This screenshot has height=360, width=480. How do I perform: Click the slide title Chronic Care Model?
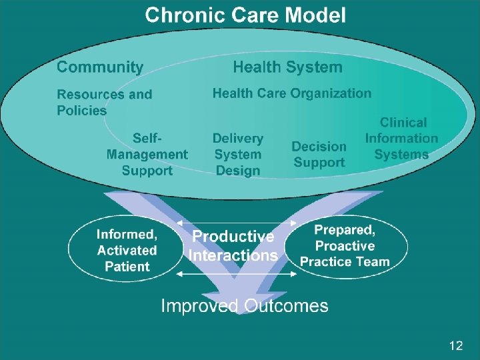click(x=245, y=15)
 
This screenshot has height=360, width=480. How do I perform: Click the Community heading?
click(x=100, y=67)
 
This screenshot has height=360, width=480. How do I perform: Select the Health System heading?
click(x=287, y=67)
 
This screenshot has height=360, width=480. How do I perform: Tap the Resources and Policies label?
click(x=104, y=102)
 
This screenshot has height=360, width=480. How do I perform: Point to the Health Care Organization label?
click(x=292, y=93)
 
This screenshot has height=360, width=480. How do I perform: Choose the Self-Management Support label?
click(x=147, y=154)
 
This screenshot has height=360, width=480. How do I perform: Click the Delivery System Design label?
click(x=238, y=154)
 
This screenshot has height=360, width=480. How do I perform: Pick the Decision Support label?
click(x=319, y=154)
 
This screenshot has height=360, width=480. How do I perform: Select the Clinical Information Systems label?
click(x=401, y=139)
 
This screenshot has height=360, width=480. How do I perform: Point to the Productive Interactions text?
click(x=233, y=246)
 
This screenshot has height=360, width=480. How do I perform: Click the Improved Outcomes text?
click(x=245, y=306)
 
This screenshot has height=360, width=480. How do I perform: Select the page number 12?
click(x=456, y=345)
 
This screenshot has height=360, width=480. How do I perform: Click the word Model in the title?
click(x=313, y=15)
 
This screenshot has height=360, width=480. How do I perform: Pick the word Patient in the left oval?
click(x=127, y=267)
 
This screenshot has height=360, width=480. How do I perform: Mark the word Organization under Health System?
click(x=331, y=93)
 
